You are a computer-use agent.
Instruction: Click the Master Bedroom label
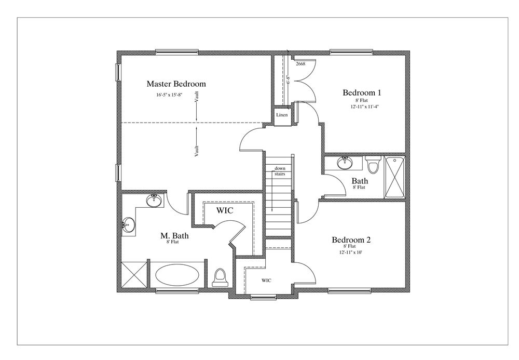[176, 84]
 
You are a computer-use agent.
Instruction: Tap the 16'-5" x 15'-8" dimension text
[170, 95]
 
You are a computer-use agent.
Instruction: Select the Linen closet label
[282, 115]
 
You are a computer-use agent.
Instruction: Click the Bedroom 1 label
[362, 92]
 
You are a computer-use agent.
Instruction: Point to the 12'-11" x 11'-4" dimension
[364, 106]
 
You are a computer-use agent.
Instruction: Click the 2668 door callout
[301, 63]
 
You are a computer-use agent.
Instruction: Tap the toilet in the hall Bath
[373, 165]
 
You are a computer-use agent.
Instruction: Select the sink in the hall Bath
[345, 163]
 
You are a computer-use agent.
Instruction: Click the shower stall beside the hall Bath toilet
[394, 177]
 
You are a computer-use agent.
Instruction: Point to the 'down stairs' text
[280, 171]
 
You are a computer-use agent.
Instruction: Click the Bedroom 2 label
[351, 240]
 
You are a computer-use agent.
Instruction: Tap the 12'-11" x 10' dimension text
[350, 252]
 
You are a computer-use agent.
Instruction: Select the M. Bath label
[174, 236]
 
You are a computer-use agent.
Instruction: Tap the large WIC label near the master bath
[225, 210]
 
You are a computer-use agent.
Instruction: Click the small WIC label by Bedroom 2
[266, 281]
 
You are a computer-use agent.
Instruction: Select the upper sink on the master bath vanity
[154, 201]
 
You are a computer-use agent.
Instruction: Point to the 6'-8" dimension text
[288, 80]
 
